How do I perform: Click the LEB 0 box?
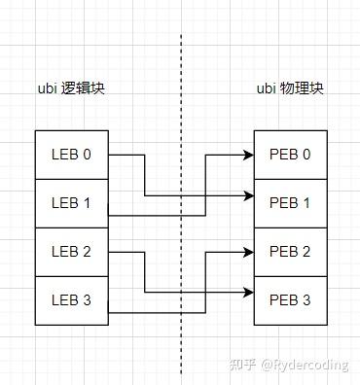tap(71, 155)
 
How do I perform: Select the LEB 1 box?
tap(71, 203)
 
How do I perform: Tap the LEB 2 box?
tap(71, 252)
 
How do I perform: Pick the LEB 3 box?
tap(71, 300)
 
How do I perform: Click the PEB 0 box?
tap(290, 155)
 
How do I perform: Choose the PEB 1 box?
tap(290, 203)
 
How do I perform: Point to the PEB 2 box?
tap(290, 252)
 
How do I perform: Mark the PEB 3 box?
tap(290, 300)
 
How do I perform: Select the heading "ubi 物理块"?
tap(290, 88)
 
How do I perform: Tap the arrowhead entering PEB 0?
tap(248, 155)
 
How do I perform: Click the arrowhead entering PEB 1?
tap(248, 195)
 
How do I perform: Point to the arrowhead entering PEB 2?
tap(248, 252)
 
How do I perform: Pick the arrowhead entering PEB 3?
tap(248, 293)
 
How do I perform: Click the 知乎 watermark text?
tap(242, 366)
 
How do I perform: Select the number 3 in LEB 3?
tap(88, 300)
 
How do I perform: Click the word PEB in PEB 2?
tap(282, 252)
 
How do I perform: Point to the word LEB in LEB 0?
tap(64, 155)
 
